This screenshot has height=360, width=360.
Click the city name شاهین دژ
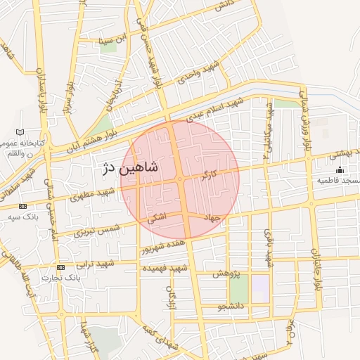coord(131,169)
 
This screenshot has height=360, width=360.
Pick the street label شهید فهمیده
coord(164,268)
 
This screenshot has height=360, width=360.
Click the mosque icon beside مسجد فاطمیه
coord(340,169)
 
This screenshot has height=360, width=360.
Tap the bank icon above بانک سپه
coord(23,206)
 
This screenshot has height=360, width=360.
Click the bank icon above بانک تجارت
coord(60,267)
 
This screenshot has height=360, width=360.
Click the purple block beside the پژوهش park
coord(261,288)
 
